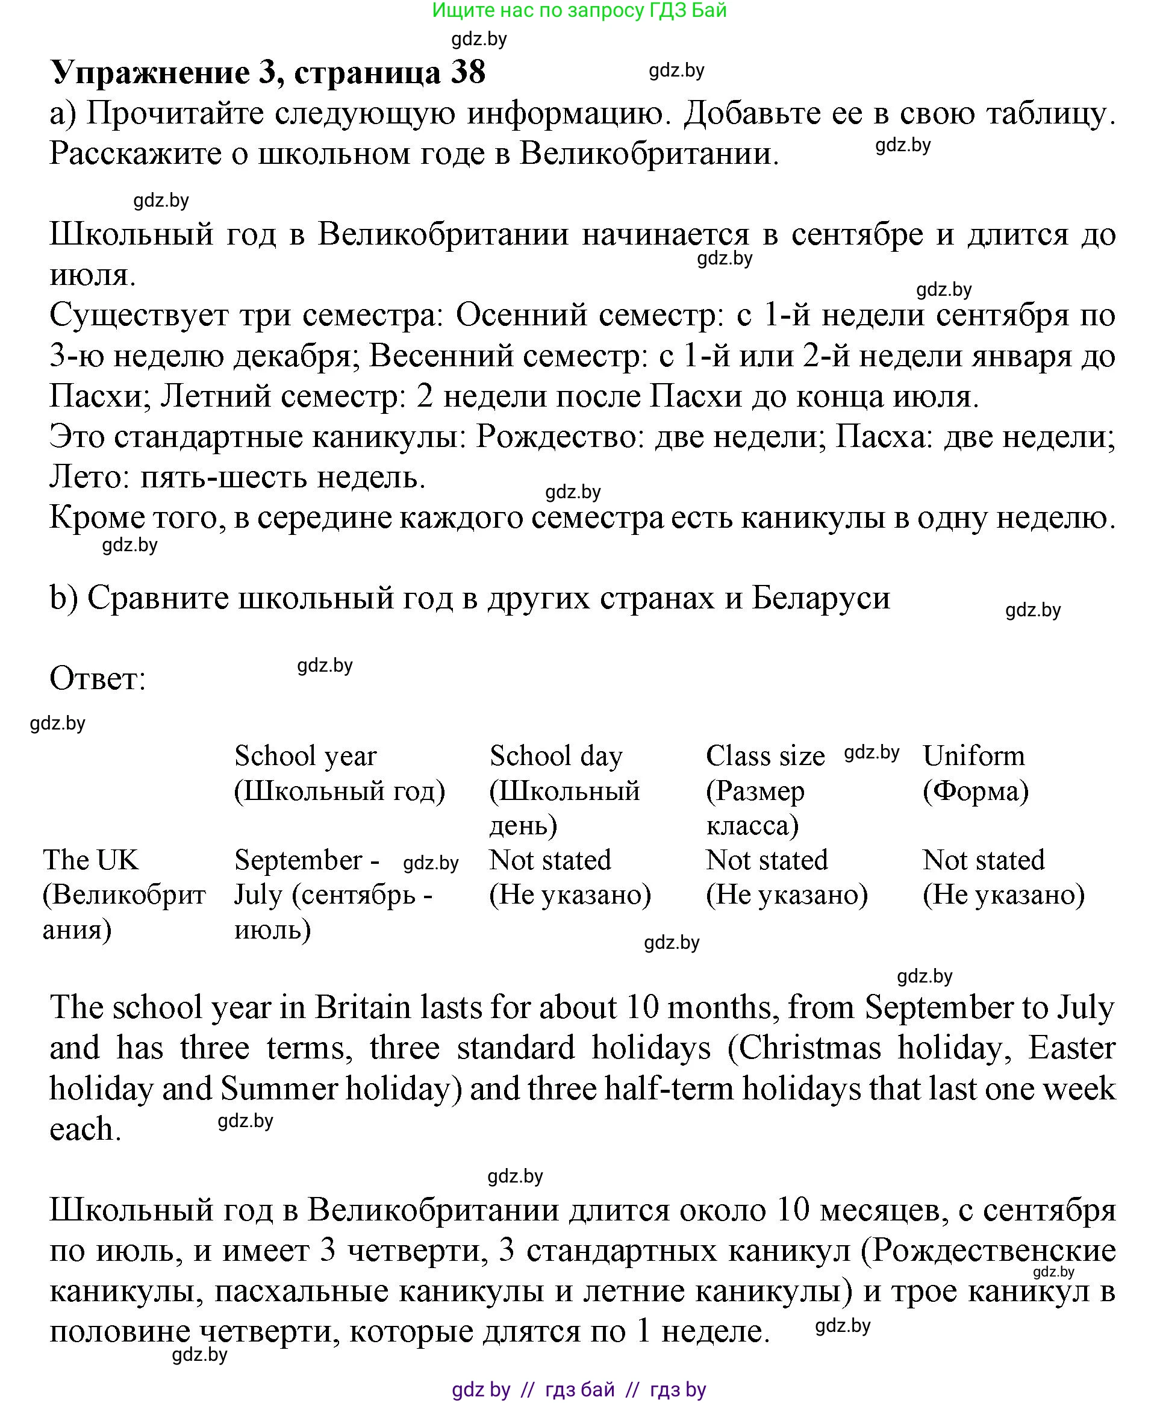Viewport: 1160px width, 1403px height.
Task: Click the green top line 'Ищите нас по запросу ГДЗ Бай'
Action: coord(579,10)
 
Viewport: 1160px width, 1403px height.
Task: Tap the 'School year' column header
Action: coord(305,756)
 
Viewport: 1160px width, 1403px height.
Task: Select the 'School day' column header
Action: coord(556,756)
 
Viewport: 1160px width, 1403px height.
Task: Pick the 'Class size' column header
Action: coord(766,756)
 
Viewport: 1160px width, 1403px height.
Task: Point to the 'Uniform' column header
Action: coord(973,756)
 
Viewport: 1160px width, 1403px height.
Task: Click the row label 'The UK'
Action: coord(91,860)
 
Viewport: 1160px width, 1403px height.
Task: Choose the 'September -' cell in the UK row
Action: coord(307,860)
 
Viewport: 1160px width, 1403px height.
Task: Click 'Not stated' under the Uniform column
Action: coord(983,860)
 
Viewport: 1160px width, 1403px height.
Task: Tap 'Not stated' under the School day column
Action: coord(550,860)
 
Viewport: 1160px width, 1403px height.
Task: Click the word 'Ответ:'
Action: coord(98,679)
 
